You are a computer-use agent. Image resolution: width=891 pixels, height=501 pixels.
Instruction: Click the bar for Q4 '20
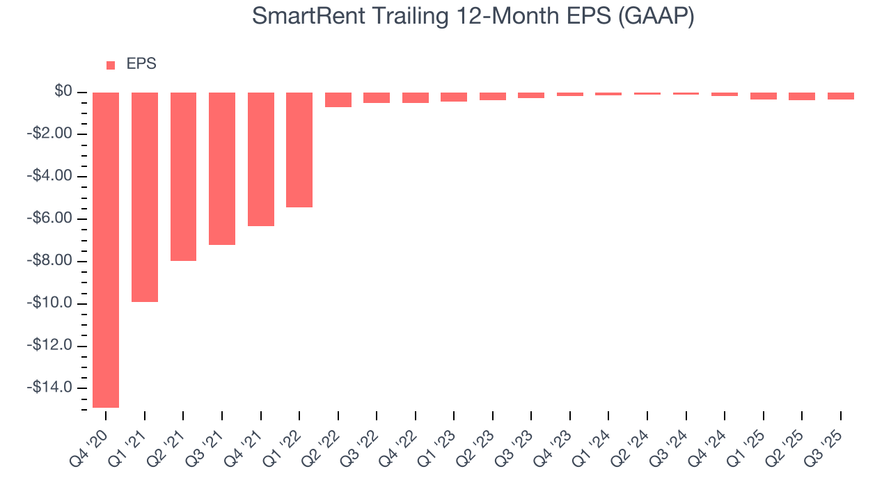point(106,250)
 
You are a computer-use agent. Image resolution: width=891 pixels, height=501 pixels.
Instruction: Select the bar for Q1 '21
point(145,197)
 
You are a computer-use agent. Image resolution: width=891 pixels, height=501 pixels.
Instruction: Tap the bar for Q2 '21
point(183,177)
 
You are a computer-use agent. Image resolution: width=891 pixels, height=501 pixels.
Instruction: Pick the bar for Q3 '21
point(222,168)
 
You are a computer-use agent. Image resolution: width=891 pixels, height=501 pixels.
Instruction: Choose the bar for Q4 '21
point(261,159)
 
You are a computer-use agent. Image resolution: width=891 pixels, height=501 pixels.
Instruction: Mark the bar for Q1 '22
point(299,150)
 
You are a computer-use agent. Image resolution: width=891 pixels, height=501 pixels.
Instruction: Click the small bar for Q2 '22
point(338,100)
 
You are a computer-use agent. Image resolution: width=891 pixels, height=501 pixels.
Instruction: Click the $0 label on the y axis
point(63,91)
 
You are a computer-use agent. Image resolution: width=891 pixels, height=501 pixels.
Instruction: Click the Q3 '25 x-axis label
point(828,446)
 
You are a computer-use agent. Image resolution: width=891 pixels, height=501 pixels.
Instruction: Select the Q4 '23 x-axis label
point(557,446)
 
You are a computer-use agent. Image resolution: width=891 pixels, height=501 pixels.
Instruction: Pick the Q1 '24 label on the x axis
point(596,446)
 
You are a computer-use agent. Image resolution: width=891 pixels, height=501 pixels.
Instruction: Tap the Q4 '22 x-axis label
point(402,446)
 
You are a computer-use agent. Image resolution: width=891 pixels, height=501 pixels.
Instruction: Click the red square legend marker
point(111,65)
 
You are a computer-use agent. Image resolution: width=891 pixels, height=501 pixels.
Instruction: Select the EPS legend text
point(141,64)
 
